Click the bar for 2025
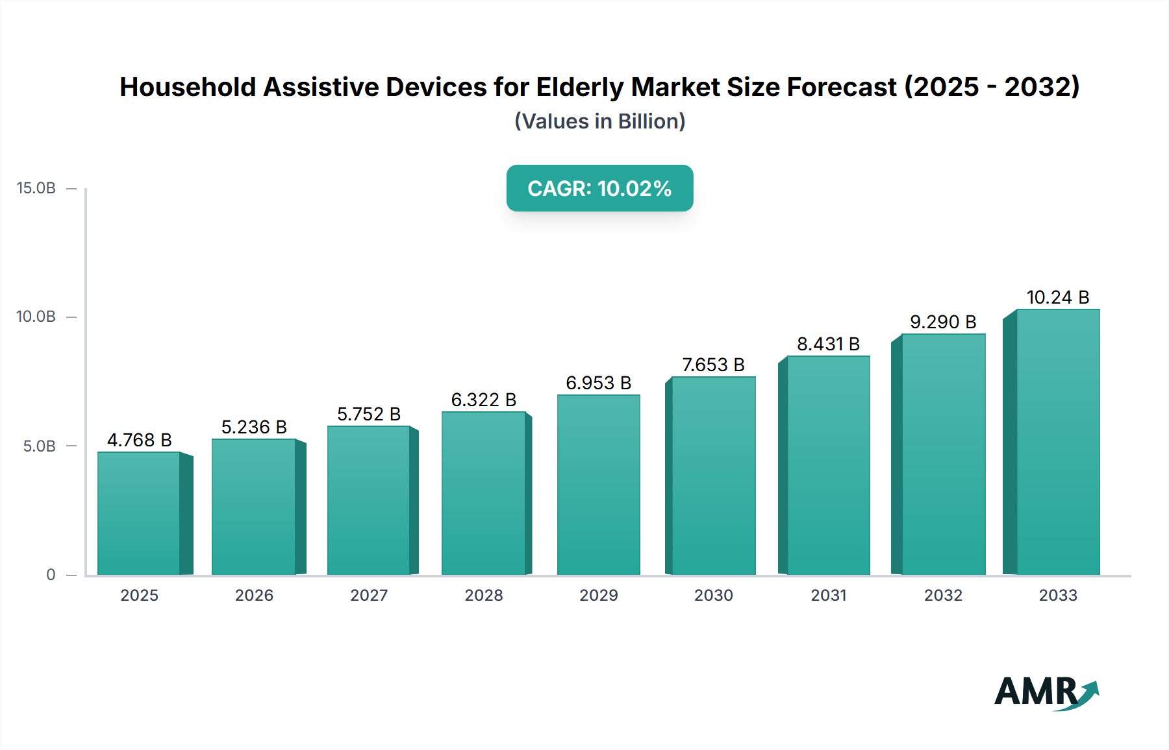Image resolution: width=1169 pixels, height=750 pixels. [139, 513]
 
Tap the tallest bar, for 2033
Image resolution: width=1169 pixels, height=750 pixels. [1057, 441]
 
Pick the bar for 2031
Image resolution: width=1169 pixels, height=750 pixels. [828, 465]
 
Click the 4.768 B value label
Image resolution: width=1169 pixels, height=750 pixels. [139, 440]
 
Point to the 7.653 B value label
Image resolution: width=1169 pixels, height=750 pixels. [713, 365]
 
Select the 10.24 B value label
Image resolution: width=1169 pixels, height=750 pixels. [1057, 297]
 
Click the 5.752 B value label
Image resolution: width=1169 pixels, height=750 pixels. [369, 414]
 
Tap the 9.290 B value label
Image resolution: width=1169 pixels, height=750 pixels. [943, 322]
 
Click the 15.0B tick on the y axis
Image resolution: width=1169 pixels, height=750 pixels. [36, 188]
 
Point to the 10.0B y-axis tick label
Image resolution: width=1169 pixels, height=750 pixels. [36, 317]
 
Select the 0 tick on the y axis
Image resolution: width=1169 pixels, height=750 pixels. [51, 575]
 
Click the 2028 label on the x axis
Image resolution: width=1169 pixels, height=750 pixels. [484, 595]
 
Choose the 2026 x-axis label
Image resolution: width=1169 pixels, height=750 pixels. [254, 595]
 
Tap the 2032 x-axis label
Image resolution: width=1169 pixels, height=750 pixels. [943, 595]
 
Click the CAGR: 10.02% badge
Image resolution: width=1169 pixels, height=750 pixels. [599, 188]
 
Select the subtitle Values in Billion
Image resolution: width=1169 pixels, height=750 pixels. [599, 121]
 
